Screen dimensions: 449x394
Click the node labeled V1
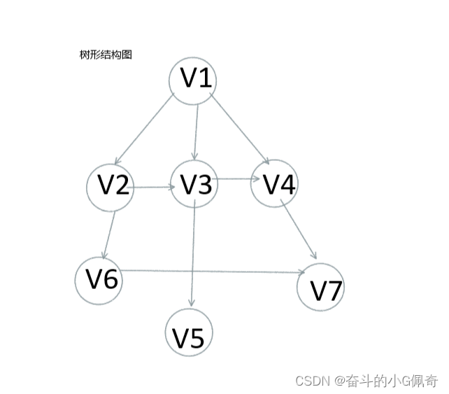[x=193, y=80]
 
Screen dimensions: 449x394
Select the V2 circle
[x=111, y=186]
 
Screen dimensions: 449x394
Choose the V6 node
[x=99, y=279]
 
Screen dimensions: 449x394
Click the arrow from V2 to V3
[x=152, y=187]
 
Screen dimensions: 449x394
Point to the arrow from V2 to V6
[x=110, y=234]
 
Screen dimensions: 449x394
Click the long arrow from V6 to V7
[x=210, y=271]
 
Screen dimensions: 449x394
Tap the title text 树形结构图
[x=106, y=55]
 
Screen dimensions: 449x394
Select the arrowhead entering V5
[x=191, y=303]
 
